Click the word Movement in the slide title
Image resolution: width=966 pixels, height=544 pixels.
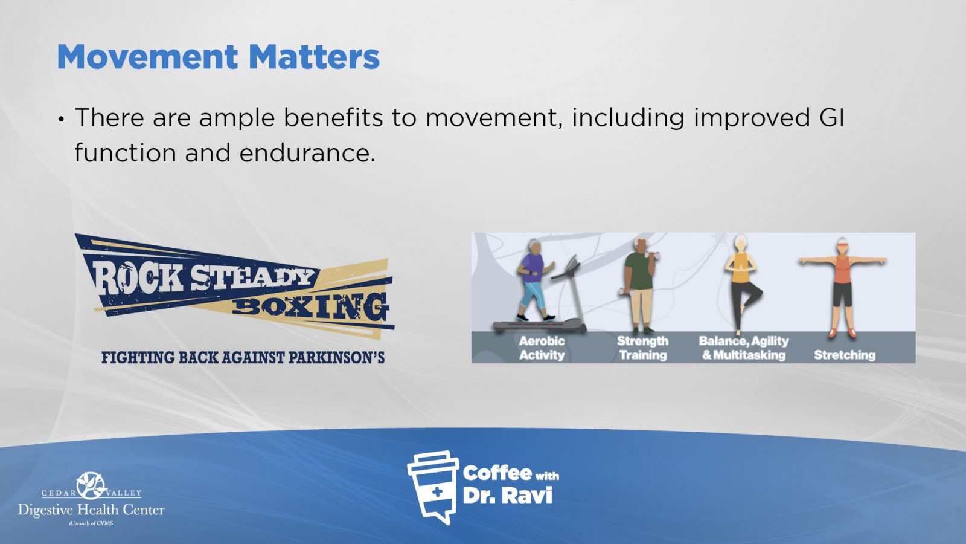tap(147, 57)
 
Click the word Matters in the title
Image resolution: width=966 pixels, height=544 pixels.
tap(314, 57)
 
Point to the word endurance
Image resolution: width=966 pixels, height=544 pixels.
tap(307, 153)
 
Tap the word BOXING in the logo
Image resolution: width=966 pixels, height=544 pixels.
tap(310, 308)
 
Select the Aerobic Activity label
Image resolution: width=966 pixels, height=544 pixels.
tap(542, 348)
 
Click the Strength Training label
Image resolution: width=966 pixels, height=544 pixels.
tap(642, 348)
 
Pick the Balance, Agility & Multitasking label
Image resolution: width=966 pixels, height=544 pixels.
tap(743, 348)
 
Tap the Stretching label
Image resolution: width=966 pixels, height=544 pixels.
tap(845, 355)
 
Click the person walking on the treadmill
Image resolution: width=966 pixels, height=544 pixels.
tap(534, 280)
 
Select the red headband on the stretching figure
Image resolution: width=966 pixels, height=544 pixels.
tap(842, 245)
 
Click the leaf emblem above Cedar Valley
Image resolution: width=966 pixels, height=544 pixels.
tap(91, 485)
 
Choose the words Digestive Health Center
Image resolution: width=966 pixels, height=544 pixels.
tap(91, 510)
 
